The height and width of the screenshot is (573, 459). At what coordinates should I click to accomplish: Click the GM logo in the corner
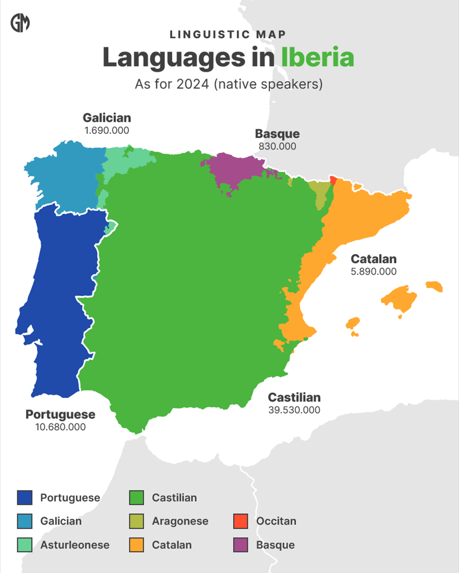click(x=20, y=23)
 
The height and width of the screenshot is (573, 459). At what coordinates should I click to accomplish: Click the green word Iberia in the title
click(x=317, y=57)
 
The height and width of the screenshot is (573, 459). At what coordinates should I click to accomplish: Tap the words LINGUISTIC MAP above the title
click(x=227, y=35)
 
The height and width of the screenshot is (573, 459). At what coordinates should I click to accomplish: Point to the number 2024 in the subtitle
click(x=193, y=85)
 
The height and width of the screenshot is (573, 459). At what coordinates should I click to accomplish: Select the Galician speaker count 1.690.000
click(x=107, y=130)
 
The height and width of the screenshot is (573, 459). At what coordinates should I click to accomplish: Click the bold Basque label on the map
click(x=277, y=134)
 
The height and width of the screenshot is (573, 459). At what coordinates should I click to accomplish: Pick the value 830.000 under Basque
click(x=277, y=146)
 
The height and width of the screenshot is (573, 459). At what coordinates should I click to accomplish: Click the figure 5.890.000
click(x=373, y=272)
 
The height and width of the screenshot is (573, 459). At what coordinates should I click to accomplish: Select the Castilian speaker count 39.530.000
click(x=294, y=410)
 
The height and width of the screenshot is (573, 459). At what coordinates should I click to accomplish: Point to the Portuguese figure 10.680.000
click(x=60, y=427)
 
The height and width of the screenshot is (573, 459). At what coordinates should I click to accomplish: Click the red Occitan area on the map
click(x=333, y=180)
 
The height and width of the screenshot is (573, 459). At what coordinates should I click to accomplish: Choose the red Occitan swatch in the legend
click(x=241, y=521)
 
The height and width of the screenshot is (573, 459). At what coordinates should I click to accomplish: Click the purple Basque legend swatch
click(x=241, y=545)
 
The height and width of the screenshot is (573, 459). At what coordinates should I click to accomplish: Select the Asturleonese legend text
click(x=75, y=545)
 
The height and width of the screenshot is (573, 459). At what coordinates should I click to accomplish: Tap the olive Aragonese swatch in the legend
click(x=137, y=521)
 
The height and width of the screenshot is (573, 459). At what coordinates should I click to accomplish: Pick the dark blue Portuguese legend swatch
click(x=25, y=498)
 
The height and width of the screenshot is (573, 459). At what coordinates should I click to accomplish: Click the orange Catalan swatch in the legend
click(x=137, y=545)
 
